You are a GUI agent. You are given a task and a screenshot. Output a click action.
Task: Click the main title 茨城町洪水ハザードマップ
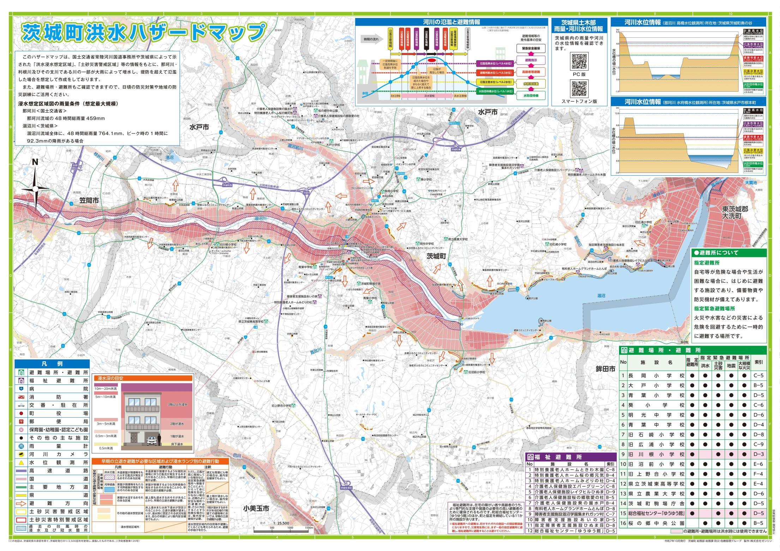coord(143,32)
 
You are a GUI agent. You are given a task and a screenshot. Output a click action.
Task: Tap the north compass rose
coord(35,189)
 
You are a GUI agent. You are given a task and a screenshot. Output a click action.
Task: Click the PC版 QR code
coord(579,61)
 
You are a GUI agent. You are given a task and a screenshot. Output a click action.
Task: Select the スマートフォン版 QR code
coord(579,88)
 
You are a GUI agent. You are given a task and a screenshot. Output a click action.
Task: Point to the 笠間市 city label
coord(89,201)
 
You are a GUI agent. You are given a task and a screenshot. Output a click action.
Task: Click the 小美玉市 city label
coord(256,509)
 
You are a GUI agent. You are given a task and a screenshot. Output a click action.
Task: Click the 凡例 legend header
coord(52,364)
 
